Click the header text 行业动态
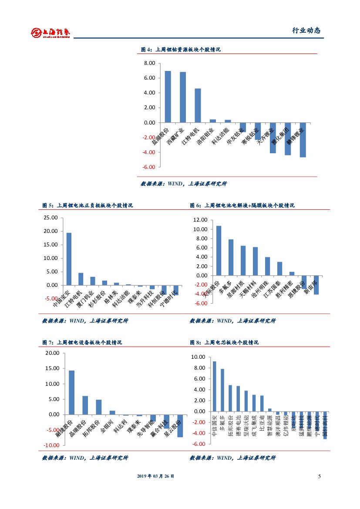(x=306, y=30)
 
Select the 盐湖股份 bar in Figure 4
(x=168, y=97)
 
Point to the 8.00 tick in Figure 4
(x=149, y=63)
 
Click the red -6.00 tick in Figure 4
(x=149, y=167)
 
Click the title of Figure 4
(x=181, y=50)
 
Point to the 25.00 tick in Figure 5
(x=51, y=218)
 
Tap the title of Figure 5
(x=87, y=206)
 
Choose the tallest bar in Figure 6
(x=219, y=250)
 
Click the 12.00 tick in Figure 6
(x=200, y=220)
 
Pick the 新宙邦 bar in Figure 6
(x=316, y=285)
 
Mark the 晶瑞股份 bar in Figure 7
(x=85, y=405)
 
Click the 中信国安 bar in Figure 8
(x=214, y=386)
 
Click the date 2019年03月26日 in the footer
(x=155, y=476)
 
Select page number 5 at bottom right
(x=319, y=476)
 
